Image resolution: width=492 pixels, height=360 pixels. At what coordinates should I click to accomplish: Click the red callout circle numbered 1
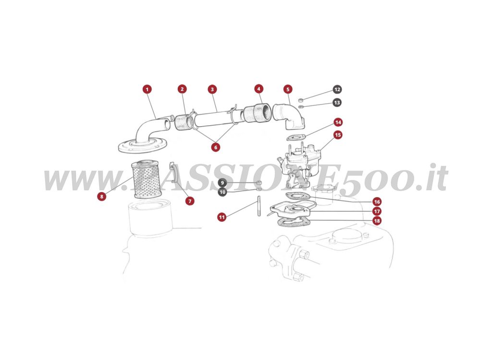(x=147, y=89)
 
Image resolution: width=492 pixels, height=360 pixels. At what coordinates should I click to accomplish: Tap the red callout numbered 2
(x=182, y=89)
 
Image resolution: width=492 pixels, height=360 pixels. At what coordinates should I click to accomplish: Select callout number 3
(x=212, y=89)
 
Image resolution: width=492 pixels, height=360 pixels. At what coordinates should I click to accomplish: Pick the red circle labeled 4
(x=259, y=89)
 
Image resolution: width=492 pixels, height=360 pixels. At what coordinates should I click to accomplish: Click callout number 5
(x=287, y=89)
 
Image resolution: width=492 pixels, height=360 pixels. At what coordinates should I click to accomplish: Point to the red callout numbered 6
(x=215, y=147)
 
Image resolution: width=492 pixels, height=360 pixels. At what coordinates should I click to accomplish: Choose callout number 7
(x=190, y=201)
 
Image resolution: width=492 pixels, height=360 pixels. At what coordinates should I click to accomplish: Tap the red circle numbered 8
(x=102, y=196)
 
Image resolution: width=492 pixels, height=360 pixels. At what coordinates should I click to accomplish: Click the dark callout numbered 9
(x=222, y=183)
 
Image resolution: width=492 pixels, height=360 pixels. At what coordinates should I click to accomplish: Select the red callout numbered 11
(x=222, y=217)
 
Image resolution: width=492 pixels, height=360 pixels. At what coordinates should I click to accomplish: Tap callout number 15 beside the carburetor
(x=338, y=135)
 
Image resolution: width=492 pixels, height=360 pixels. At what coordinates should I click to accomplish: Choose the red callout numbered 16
(x=377, y=202)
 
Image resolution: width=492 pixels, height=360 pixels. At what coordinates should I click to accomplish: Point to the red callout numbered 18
(x=377, y=221)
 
